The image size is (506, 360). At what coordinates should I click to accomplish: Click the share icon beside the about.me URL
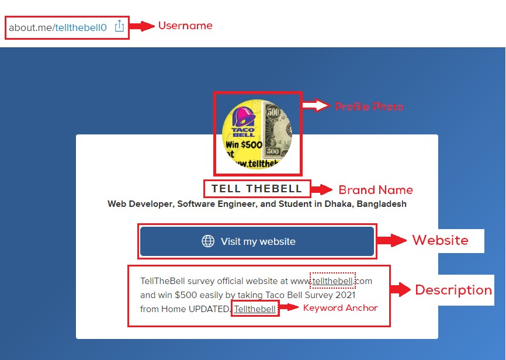click(119, 26)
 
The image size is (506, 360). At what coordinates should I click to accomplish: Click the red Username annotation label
click(185, 26)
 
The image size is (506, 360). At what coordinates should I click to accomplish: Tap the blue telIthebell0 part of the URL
click(81, 28)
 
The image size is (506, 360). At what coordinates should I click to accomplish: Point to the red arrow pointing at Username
click(142, 26)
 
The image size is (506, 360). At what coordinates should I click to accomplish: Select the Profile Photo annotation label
click(369, 106)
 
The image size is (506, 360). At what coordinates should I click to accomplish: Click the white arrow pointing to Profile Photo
click(316, 105)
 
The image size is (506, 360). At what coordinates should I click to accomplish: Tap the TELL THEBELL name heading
click(257, 189)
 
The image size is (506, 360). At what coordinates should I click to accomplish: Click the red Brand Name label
click(376, 190)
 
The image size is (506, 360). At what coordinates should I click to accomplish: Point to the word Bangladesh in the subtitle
click(382, 204)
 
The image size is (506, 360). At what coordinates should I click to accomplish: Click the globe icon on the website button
click(208, 241)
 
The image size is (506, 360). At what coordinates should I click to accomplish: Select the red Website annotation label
click(440, 240)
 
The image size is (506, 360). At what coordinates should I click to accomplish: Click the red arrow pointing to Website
click(391, 240)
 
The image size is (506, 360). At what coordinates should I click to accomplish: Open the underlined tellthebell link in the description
click(332, 281)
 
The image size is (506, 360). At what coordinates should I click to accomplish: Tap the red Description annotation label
click(453, 290)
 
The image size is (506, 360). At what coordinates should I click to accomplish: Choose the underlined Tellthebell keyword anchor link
click(255, 309)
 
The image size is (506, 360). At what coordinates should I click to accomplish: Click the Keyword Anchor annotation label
click(340, 308)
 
